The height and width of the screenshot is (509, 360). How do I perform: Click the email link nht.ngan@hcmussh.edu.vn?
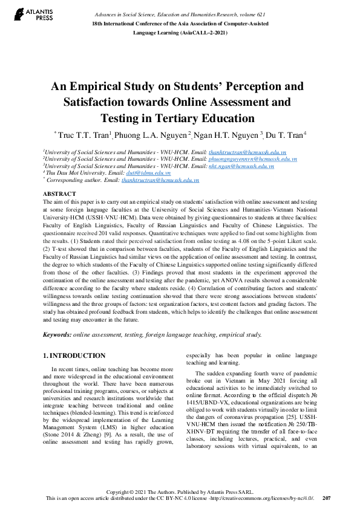point(241,166)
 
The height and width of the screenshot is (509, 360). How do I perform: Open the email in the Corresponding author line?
point(160,180)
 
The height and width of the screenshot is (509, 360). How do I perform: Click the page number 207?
point(326,499)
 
